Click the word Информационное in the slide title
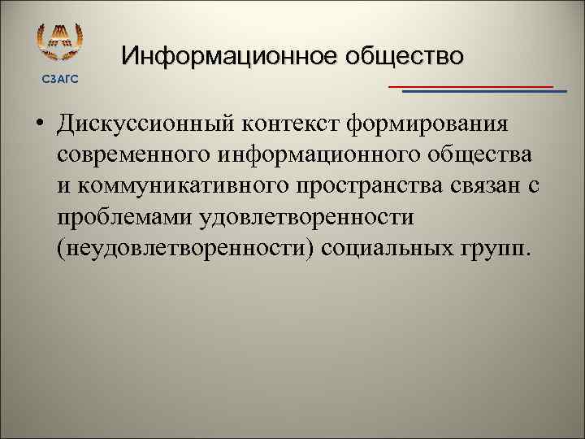[x=230, y=56]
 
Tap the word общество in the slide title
[x=405, y=56]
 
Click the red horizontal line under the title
[x=470, y=85]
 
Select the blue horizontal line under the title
[x=484, y=92]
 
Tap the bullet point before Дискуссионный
[x=38, y=128]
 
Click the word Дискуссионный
[x=145, y=127]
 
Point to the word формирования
[x=427, y=127]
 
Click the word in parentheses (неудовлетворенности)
[x=185, y=247]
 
